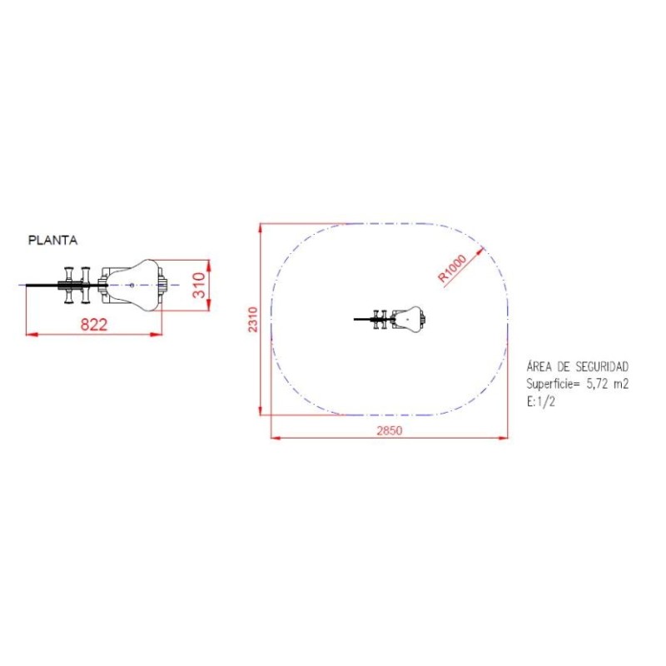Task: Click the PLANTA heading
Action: pos(52,241)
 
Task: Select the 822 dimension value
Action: pos(94,325)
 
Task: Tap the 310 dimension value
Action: pos(199,285)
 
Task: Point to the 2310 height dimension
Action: pos(253,320)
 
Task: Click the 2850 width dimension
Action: pos(389,430)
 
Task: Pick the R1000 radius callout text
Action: pos(452,268)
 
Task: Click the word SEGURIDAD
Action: pos(602,366)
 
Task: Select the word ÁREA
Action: pos(540,366)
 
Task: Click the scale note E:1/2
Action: pos(540,401)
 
